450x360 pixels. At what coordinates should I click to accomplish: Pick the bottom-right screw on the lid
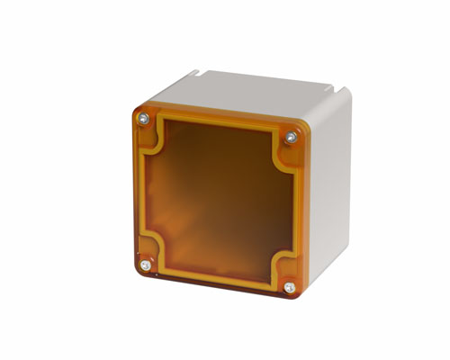[x=288, y=288]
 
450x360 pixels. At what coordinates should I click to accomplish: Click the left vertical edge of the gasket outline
[x=150, y=193]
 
